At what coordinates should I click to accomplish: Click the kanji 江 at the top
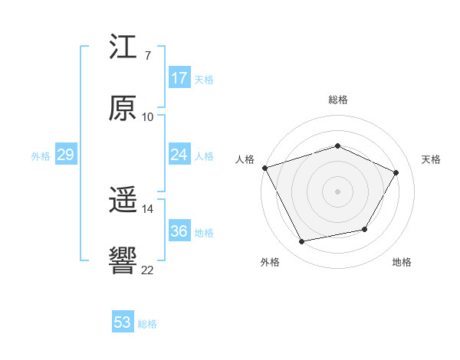point(123,47)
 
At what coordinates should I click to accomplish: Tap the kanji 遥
point(123,201)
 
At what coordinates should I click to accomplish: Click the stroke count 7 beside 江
point(147,56)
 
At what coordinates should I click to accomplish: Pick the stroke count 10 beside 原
point(147,116)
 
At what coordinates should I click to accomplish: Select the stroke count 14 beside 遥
point(147,209)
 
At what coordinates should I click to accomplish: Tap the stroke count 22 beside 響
point(147,269)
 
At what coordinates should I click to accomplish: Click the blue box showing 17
point(179,78)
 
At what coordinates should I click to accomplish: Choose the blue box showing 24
point(179,155)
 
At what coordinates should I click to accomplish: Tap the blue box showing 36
point(179,231)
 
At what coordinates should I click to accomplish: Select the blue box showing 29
point(65,155)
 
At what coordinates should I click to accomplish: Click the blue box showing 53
point(123,322)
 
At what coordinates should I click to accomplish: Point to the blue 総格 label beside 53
point(147,324)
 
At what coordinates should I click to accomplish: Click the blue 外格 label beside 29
point(41,156)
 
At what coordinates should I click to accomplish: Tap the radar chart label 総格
point(337,100)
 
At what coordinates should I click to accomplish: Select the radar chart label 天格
point(431,159)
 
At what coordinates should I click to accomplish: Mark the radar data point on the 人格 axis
point(264,168)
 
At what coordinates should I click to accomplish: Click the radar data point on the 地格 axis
point(365,229)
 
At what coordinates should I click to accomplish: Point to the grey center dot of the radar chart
point(337,191)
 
